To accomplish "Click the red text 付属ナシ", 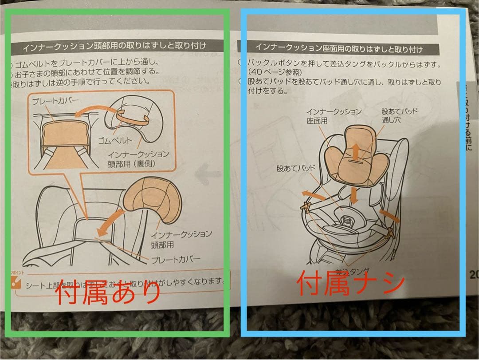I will click(350, 283).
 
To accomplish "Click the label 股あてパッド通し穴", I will click(399, 115).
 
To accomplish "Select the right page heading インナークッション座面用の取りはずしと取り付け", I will click(338, 47).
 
